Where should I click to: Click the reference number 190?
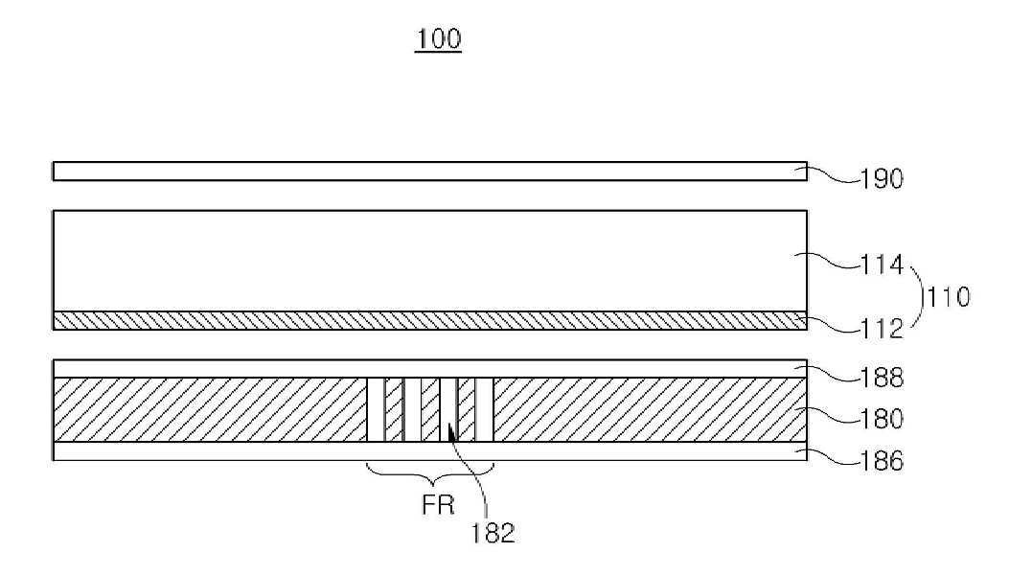pyautogui.click(x=882, y=179)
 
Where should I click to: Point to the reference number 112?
pyautogui.click(x=882, y=329)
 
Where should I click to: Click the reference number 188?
pyautogui.click(x=882, y=378)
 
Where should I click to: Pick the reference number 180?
pyautogui.click(x=882, y=419)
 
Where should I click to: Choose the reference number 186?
pyautogui.click(x=882, y=461)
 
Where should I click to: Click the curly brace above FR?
pyautogui.click(x=430, y=475)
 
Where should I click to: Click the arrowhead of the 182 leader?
pyautogui.click(x=449, y=433)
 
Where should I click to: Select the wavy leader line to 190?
pyautogui.click(x=830, y=176)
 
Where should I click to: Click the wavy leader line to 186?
pyautogui.click(x=830, y=457)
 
